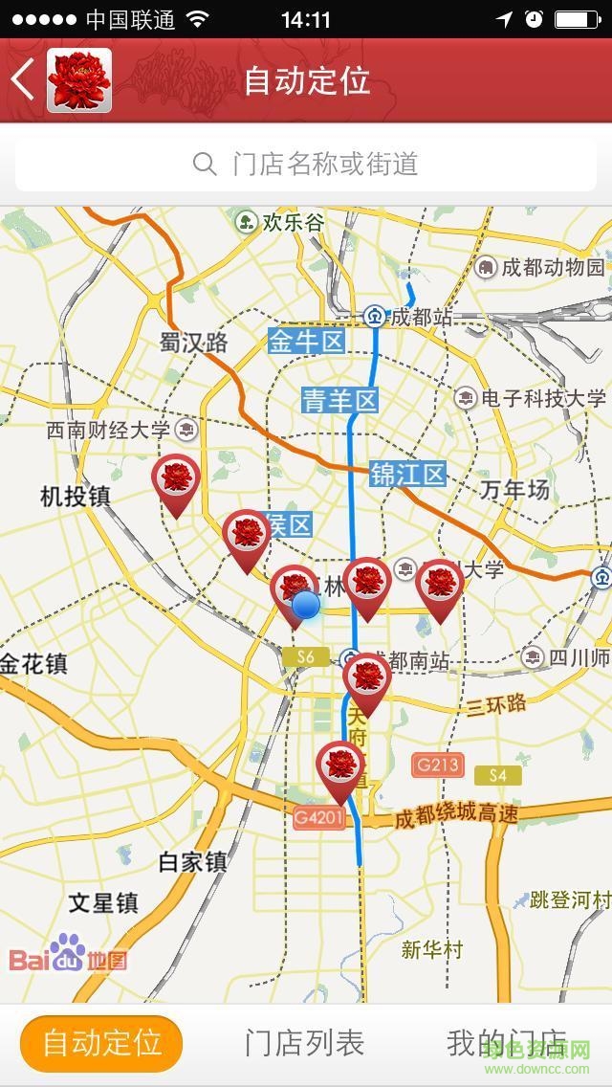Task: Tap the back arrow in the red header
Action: pyautogui.click(x=23, y=79)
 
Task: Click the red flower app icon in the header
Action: pyautogui.click(x=79, y=80)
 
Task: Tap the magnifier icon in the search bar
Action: pyautogui.click(x=205, y=164)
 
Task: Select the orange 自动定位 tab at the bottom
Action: pyautogui.click(x=101, y=1043)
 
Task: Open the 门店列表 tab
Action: pyautogui.click(x=304, y=1043)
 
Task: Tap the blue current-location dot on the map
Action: pyautogui.click(x=305, y=605)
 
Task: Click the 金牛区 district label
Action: pyautogui.click(x=306, y=342)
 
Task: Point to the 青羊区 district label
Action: pyautogui.click(x=340, y=400)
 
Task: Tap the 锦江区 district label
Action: pyautogui.click(x=408, y=474)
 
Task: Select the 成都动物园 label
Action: pyautogui.click(x=553, y=267)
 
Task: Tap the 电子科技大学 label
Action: pyautogui.click(x=542, y=398)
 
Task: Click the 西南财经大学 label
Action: pyautogui.click(x=108, y=430)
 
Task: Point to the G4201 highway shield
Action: pyautogui.click(x=318, y=818)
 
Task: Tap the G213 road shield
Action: pyautogui.click(x=438, y=765)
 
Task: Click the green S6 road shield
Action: pyautogui.click(x=304, y=656)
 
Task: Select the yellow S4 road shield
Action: pyautogui.click(x=497, y=775)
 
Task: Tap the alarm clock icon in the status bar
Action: pyautogui.click(x=535, y=19)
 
